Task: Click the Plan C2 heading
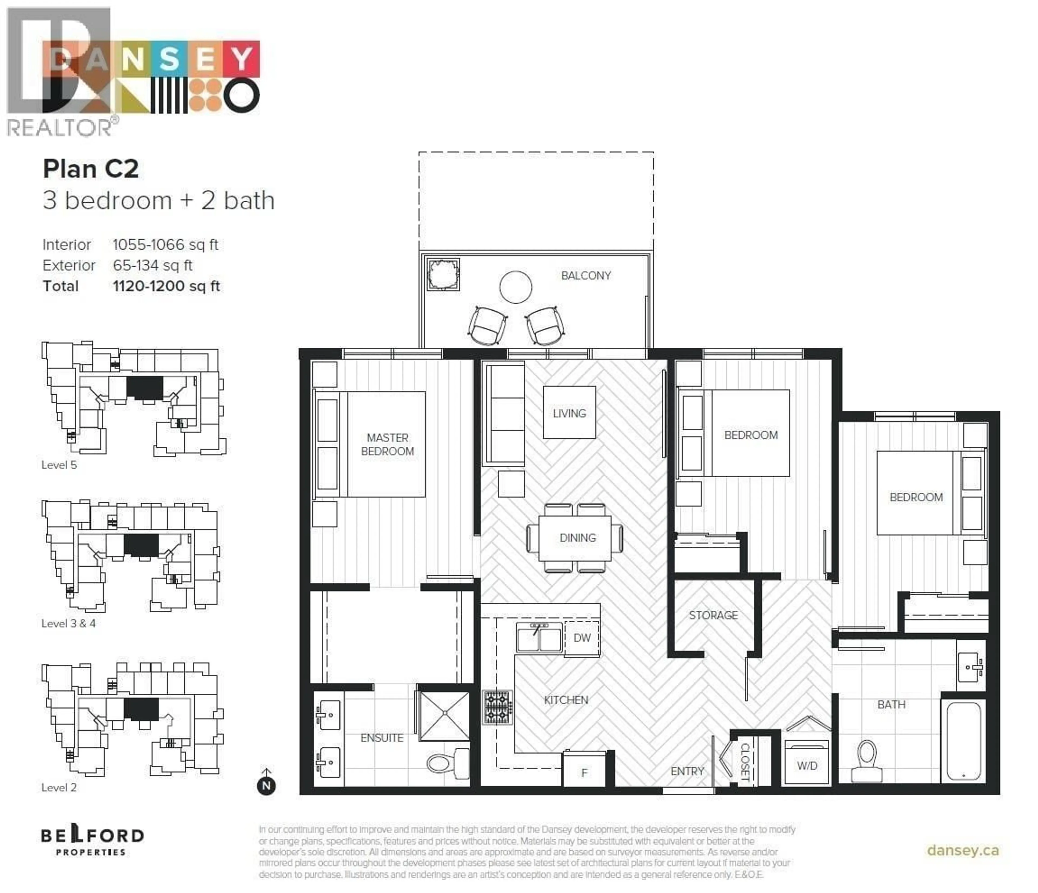(91, 169)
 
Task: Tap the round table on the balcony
(515, 287)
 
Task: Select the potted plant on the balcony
(443, 274)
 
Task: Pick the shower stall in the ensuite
(444, 716)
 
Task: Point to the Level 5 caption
(59, 465)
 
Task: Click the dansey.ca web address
(962, 850)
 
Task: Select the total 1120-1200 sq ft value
(166, 286)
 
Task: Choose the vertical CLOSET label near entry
(745, 762)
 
